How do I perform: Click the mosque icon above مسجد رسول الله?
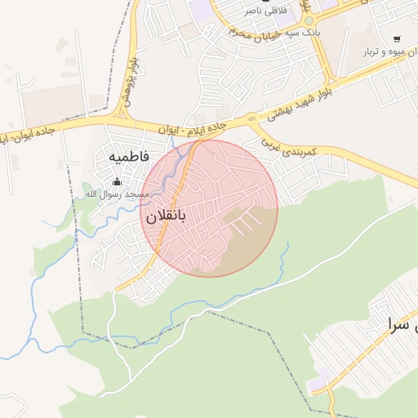tap(117, 181)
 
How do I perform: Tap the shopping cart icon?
tap(397, 38)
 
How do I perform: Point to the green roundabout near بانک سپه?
tap(308, 21)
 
